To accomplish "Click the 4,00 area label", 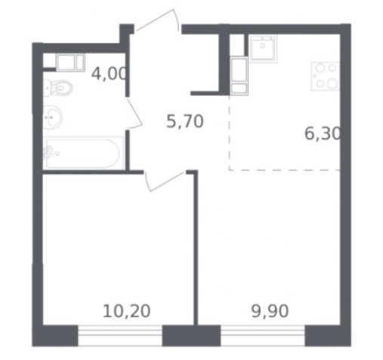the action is pos(109,73).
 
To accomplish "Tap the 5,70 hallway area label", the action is pos(185,121).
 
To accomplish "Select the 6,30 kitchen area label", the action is pos(323,133).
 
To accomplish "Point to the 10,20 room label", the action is pos(127,311).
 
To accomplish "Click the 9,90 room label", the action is pos(270,311).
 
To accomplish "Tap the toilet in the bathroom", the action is pos(58,88).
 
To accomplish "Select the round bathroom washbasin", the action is pos(52,117).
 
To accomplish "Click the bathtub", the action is pos(83,153).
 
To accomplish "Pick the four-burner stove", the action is pos(326,76).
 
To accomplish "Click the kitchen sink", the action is pos(263,48).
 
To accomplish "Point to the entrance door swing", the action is pos(158,20).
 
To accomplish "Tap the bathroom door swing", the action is pos(134,114).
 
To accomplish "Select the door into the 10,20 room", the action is pos(165,181).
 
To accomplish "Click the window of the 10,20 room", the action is pos(120,336).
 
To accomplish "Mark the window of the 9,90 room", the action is pos(263,336).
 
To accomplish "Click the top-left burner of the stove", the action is pos(320,68).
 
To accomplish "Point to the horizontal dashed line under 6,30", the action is pos(285,170).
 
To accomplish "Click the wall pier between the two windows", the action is pos(191,336).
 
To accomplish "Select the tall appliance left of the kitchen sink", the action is pos(239,76).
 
